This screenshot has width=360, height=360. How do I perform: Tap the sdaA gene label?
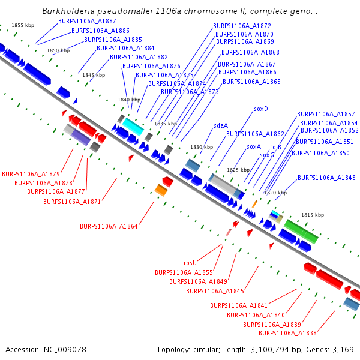(221, 125)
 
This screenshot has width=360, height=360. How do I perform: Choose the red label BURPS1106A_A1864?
(109, 226)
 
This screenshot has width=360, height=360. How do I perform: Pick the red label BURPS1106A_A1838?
(287, 333)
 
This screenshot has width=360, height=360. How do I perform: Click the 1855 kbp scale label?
(23, 25)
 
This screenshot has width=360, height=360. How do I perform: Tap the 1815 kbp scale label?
(313, 215)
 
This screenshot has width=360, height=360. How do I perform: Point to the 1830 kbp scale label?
(202, 147)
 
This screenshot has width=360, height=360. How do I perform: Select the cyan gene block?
(133, 126)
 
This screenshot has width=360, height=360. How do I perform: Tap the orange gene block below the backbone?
(161, 190)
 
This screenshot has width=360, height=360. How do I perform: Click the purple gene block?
(80, 137)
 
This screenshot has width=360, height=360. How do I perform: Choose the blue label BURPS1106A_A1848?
(326, 178)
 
